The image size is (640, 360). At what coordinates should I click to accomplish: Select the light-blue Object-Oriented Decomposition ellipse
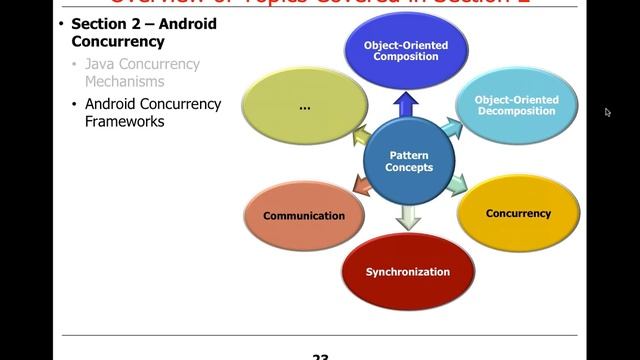pyautogui.click(x=515, y=106)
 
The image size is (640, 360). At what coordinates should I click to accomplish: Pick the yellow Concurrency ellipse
pyautogui.click(x=518, y=213)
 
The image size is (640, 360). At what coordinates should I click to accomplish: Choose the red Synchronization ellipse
pyautogui.click(x=408, y=271)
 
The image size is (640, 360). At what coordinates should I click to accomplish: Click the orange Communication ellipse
pyautogui.click(x=304, y=215)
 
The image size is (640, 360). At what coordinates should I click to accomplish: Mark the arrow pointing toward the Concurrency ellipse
pyautogui.click(x=457, y=184)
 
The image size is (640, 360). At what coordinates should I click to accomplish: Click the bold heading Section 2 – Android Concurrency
pyautogui.click(x=143, y=33)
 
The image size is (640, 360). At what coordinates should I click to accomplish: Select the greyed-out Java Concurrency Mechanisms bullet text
pyautogui.click(x=142, y=73)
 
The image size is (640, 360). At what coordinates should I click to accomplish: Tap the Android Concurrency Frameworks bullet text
pyautogui.click(x=152, y=112)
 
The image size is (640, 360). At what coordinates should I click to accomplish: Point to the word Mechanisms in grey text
pyautogui.click(x=124, y=82)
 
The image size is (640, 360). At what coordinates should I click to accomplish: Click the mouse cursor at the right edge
pyautogui.click(x=608, y=112)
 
